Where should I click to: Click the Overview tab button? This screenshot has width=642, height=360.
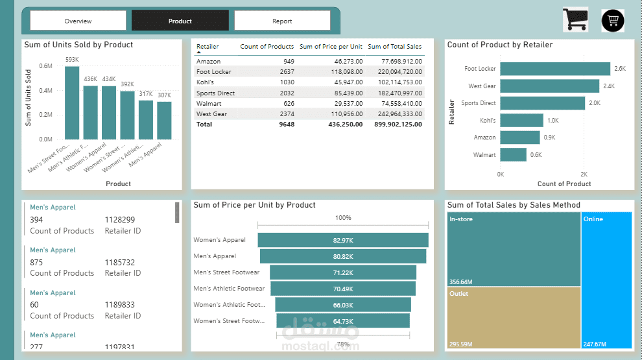tap(78, 21)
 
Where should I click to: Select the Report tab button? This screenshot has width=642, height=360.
tap(282, 21)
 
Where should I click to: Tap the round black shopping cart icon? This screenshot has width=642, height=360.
tap(613, 21)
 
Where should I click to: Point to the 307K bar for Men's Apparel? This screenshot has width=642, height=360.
tap(164, 120)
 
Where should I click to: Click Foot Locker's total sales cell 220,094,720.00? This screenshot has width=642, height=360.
tap(396, 72)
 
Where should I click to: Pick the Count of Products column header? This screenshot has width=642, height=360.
tap(267, 47)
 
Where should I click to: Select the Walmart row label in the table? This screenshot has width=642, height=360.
tap(209, 103)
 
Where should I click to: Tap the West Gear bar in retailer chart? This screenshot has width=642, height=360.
tap(550, 86)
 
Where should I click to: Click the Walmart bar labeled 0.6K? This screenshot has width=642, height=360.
tap(513, 154)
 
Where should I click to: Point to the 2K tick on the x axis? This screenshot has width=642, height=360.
tap(584, 174)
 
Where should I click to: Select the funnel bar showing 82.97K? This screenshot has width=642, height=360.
tap(343, 240)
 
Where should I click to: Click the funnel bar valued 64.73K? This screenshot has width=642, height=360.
tap(343, 321)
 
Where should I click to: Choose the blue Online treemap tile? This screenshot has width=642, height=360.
tap(606, 279)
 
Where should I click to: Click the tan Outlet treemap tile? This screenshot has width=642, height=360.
tap(514, 318)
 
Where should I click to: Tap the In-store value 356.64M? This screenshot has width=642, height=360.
tap(461, 282)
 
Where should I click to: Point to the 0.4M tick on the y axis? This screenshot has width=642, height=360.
tap(45, 90)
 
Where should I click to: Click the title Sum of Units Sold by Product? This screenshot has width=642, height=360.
tap(78, 45)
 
